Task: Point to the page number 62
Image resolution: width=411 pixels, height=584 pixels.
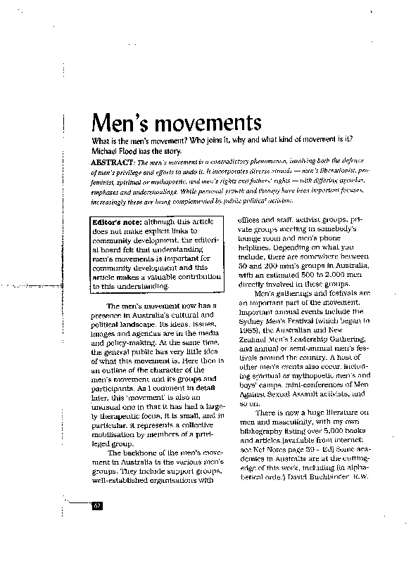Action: pos(98,506)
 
